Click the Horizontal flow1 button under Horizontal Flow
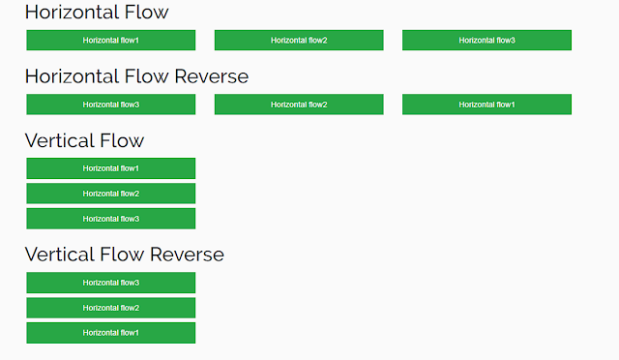pyautogui.click(x=110, y=40)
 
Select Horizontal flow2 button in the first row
pyautogui.click(x=299, y=40)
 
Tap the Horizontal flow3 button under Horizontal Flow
pyautogui.click(x=486, y=40)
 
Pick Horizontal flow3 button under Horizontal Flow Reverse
pyautogui.click(x=110, y=105)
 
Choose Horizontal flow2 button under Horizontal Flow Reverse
pyautogui.click(x=299, y=105)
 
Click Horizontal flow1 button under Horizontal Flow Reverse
pyautogui.click(x=486, y=105)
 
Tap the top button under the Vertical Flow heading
pyautogui.click(x=110, y=168)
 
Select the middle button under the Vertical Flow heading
pyautogui.click(x=110, y=194)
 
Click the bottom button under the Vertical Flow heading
pyautogui.click(x=110, y=219)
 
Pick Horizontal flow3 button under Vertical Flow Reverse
pyautogui.click(x=110, y=283)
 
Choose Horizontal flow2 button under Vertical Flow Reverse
pyautogui.click(x=110, y=308)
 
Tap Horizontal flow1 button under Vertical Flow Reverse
pyautogui.click(x=110, y=333)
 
